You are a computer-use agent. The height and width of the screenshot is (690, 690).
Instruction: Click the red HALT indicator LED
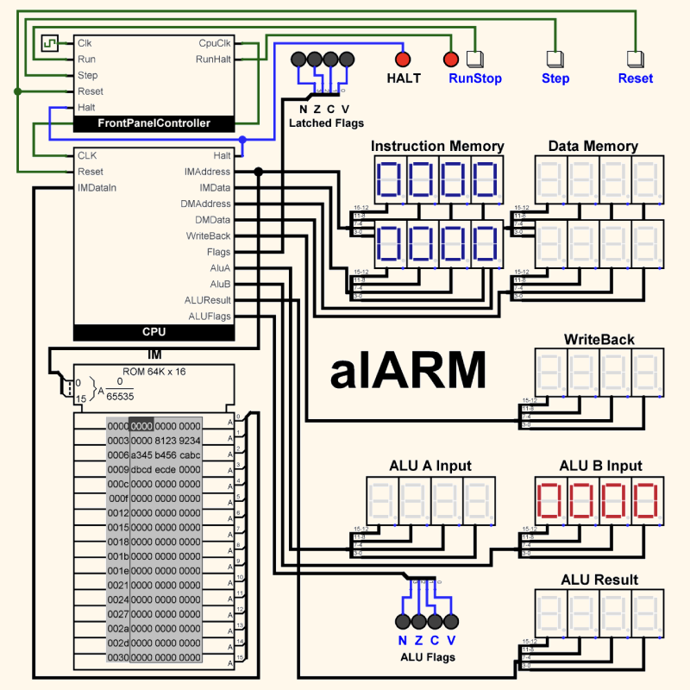402,60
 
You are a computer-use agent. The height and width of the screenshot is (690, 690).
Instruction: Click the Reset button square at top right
635,60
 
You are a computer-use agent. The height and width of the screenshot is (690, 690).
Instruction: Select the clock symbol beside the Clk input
50,42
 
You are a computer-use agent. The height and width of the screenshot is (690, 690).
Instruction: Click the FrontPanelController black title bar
154,123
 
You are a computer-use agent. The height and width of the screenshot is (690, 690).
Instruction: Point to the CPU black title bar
154,332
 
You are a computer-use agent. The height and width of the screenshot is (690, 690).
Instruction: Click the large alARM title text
407,371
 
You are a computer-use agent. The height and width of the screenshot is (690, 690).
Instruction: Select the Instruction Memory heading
437,146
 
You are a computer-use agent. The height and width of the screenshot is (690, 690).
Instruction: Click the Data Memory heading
593,146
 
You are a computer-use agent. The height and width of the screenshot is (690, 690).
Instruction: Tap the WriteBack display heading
599,339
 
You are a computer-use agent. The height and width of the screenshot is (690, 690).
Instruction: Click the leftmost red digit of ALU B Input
551,500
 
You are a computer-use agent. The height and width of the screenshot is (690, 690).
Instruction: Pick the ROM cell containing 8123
166,441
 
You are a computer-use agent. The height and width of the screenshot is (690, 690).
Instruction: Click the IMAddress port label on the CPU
207,172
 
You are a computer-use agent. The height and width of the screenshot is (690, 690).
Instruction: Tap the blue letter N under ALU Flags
402,641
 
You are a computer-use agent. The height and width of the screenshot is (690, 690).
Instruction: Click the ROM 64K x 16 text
154,372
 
